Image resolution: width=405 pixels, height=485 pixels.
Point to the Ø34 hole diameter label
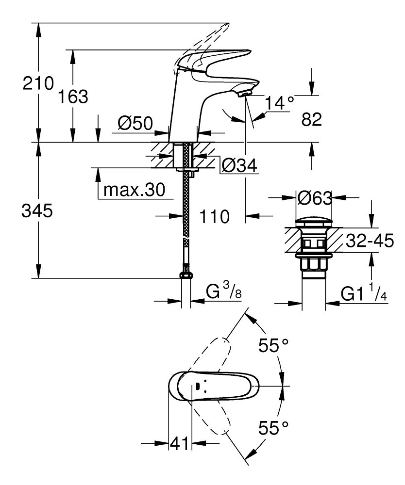point(239,166)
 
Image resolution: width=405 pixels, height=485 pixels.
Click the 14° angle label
point(280,103)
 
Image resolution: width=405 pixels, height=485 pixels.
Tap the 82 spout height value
point(312,120)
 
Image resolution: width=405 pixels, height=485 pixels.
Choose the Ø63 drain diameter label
point(314,198)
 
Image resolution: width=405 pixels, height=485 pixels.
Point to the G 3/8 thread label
point(223,292)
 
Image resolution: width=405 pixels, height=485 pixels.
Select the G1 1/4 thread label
point(364,293)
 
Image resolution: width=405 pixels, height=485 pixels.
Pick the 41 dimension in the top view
point(180,443)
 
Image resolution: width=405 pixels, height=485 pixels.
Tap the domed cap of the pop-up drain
point(314,223)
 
